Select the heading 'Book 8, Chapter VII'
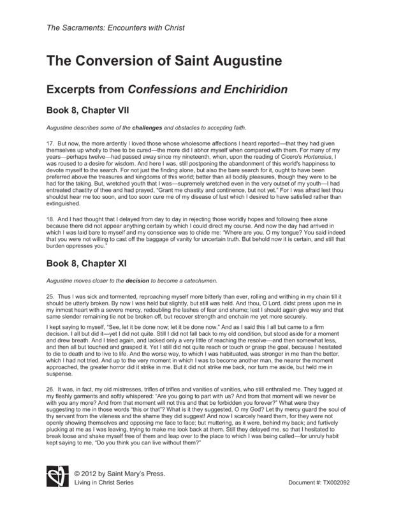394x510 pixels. (92, 109)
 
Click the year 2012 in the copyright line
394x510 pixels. (92, 474)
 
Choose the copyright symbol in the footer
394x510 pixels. (77, 474)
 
